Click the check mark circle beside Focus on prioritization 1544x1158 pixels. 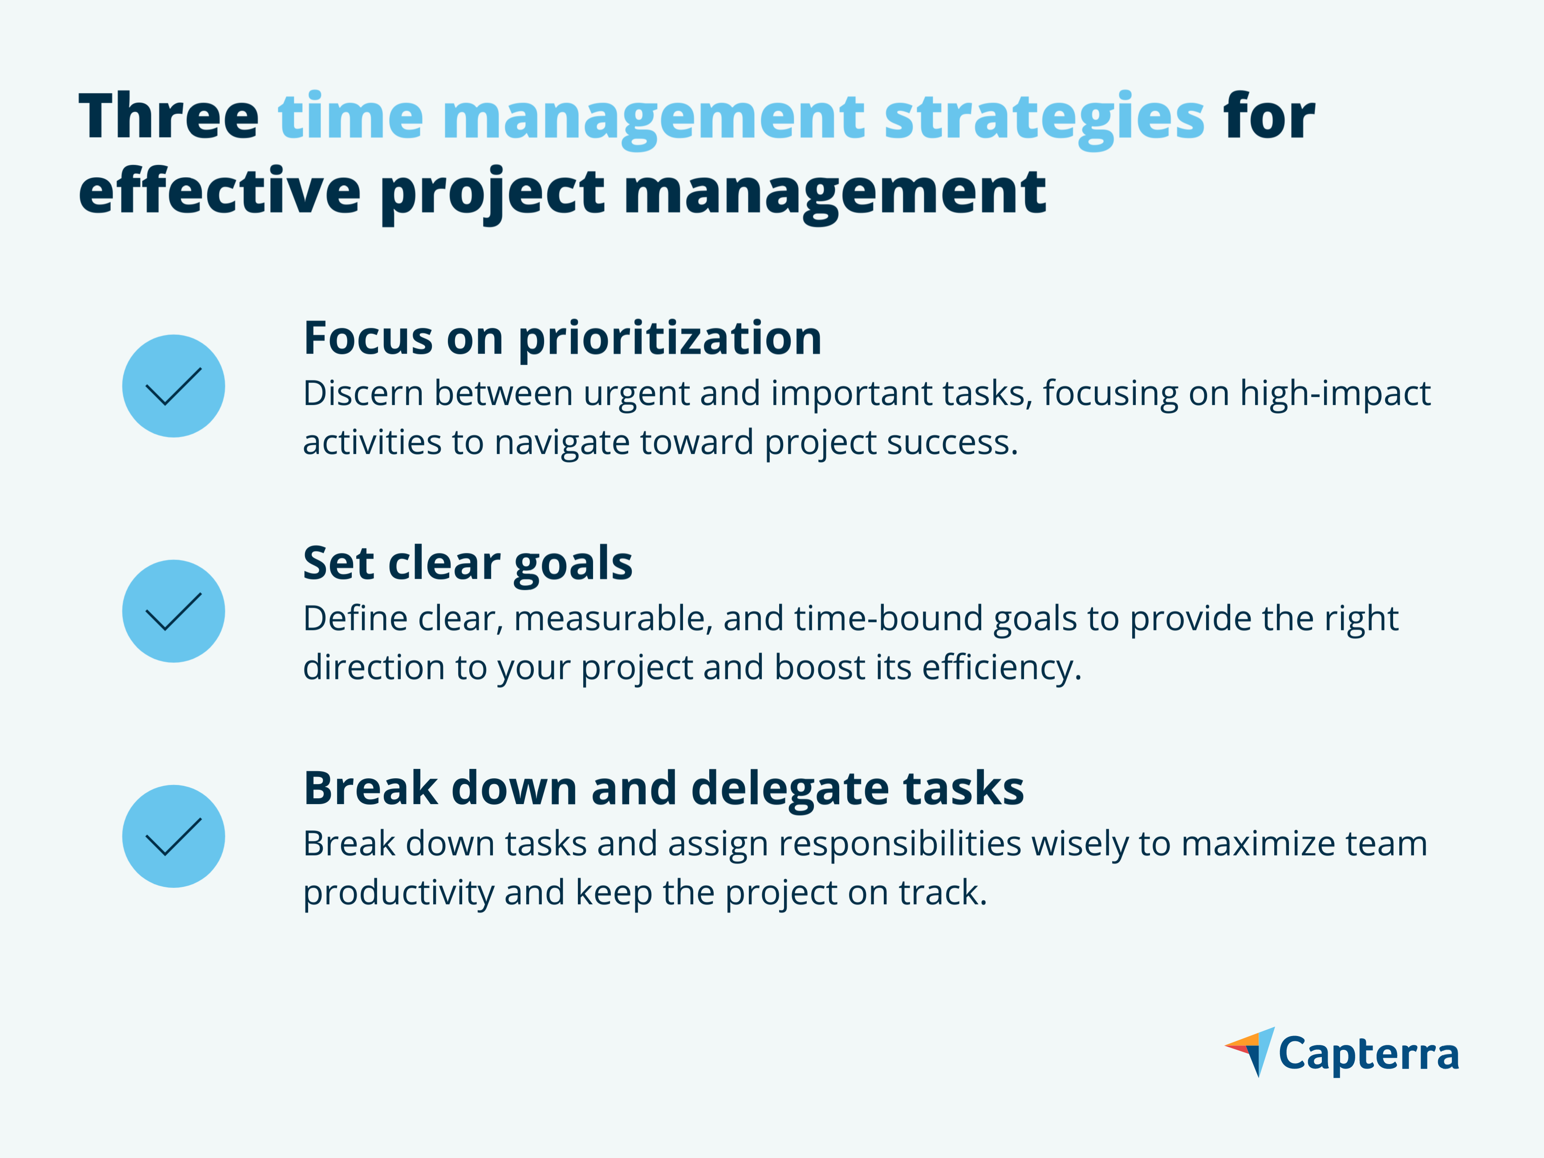pos(174,386)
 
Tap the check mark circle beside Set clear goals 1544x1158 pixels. pos(174,611)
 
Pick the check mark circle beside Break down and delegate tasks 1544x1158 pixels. pos(174,836)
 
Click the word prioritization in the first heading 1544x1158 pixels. pos(670,340)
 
